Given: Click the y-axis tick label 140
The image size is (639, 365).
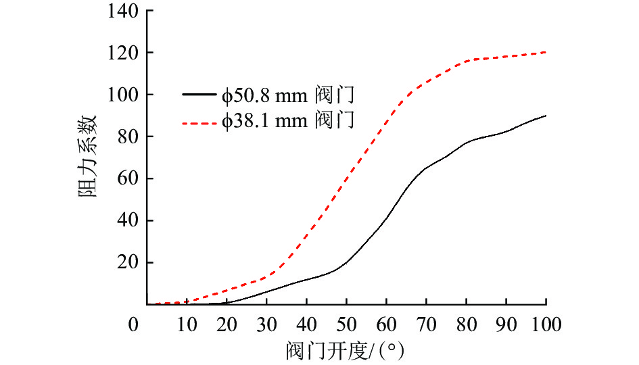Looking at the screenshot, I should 122,11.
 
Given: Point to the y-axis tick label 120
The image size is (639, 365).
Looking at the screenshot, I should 122,53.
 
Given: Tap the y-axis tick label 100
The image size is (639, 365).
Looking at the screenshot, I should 122,95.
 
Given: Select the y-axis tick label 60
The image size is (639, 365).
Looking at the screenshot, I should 126,178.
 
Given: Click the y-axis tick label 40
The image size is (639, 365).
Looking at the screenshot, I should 126,220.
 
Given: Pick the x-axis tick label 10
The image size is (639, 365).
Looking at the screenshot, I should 186,324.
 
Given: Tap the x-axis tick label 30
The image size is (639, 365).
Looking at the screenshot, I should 266,324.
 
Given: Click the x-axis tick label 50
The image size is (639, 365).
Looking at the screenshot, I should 346,324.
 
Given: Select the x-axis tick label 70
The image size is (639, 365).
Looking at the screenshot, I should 426,324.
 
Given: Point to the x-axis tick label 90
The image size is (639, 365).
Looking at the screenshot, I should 506,324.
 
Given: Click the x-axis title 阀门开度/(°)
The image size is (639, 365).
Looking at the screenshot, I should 346,351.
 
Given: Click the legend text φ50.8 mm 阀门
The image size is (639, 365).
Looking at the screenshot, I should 287,95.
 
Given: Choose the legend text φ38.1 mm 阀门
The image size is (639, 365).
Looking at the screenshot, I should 287,122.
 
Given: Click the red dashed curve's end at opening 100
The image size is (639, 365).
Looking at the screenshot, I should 546,52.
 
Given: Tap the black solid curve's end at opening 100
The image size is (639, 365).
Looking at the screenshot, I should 546,116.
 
